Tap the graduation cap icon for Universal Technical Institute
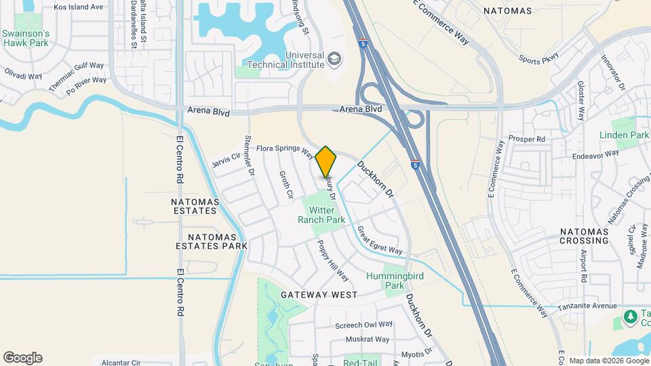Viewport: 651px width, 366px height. coord(334,59)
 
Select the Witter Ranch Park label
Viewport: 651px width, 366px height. coord(321,215)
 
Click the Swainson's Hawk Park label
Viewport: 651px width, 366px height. coord(25,37)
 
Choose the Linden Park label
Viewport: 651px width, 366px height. coord(624,136)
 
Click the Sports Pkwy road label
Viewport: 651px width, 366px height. coord(540,60)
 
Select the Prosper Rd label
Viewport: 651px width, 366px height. coord(531,140)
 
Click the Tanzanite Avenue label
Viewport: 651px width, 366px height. coord(587,306)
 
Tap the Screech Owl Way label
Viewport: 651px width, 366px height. coord(364,325)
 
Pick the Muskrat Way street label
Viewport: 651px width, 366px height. coord(367,339)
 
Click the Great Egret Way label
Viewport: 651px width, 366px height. coord(380,241)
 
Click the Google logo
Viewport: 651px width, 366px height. coord(22,358)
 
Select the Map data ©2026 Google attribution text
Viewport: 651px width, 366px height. coord(608,361)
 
